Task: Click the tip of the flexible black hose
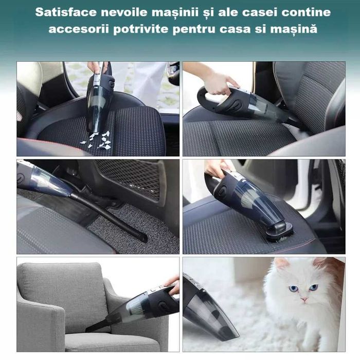[142, 238]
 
